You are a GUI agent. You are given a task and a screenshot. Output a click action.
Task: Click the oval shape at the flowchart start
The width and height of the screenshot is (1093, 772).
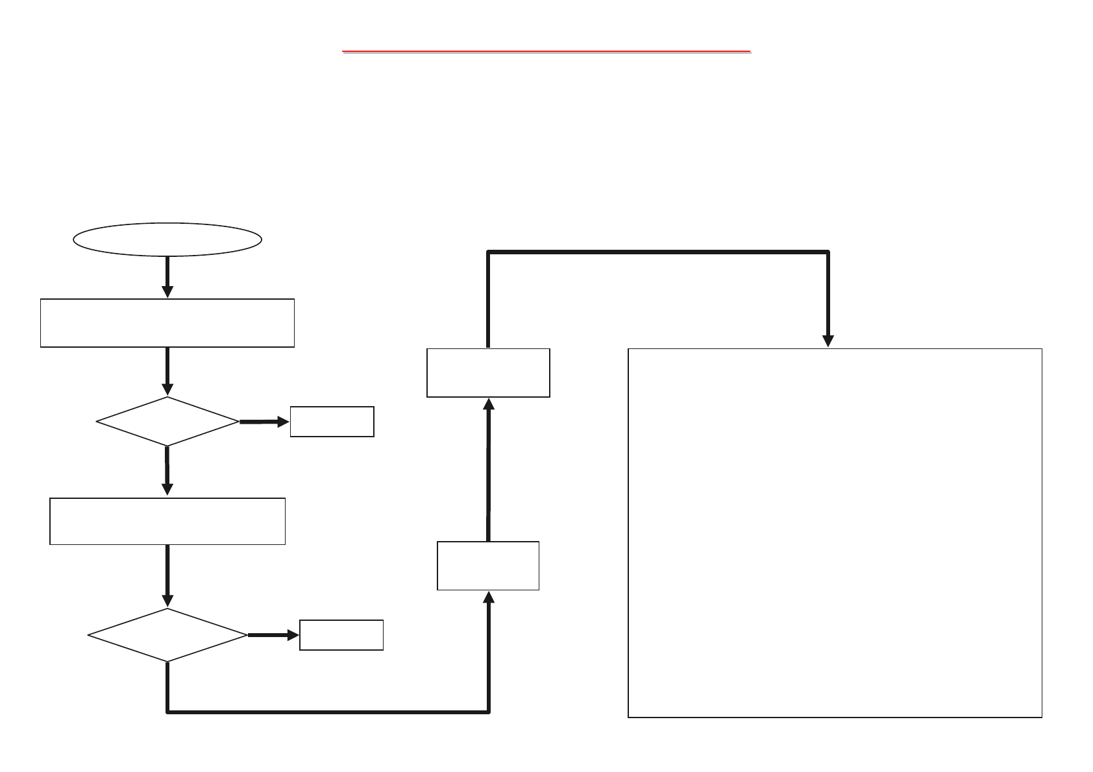pyautogui.click(x=167, y=240)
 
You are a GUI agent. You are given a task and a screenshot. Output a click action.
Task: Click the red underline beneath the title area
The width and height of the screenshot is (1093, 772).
pyautogui.click(x=546, y=51)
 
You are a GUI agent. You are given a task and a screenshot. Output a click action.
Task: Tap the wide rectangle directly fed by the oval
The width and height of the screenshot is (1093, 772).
pyautogui.click(x=167, y=323)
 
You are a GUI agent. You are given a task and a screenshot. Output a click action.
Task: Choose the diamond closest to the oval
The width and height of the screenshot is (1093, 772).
pyautogui.click(x=167, y=422)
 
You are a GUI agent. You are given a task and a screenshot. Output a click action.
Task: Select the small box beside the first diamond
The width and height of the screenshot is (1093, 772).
pyautogui.click(x=332, y=422)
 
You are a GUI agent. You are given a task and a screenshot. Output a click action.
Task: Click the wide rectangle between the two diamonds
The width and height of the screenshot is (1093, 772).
pyautogui.click(x=167, y=521)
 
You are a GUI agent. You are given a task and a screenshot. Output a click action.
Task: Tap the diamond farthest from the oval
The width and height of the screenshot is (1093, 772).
pyautogui.click(x=167, y=635)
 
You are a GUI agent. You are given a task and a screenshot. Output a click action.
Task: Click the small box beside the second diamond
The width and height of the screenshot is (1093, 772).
pyautogui.click(x=341, y=635)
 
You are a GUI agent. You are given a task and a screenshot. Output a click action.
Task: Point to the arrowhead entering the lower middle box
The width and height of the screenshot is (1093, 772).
pyautogui.click(x=489, y=597)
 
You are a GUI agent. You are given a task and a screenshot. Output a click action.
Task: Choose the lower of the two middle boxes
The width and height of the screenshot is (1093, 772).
pyautogui.click(x=488, y=566)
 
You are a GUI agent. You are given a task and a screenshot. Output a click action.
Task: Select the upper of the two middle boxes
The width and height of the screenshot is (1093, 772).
pyautogui.click(x=488, y=372)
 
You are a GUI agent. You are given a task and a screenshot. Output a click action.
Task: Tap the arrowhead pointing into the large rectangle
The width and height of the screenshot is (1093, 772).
pyautogui.click(x=828, y=341)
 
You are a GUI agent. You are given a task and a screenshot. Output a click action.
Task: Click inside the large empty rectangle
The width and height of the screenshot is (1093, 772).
pyautogui.click(x=835, y=532)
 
